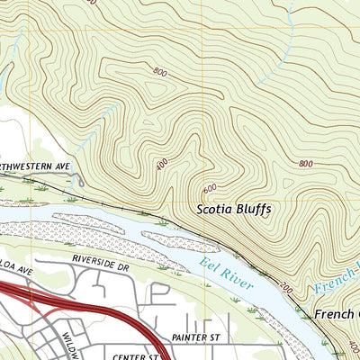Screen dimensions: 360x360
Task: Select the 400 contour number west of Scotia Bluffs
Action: click(161, 166)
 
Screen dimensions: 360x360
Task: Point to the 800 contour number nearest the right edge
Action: click(306, 164)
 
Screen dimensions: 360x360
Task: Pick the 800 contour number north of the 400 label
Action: click(160, 71)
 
